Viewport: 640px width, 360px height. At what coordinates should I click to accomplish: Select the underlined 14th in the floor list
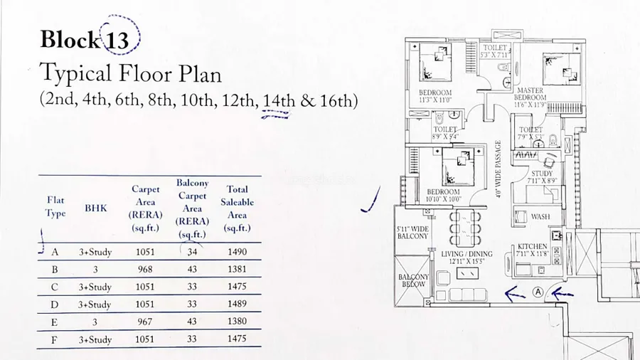(278, 100)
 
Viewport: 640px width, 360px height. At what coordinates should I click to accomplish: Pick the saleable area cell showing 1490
(237, 251)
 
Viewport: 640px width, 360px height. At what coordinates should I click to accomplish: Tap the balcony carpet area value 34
(192, 251)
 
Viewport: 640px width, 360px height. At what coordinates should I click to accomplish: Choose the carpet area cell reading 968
(144, 270)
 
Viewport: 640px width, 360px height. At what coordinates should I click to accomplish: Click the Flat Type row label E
(55, 322)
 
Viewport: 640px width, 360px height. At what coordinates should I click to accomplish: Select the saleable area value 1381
(237, 270)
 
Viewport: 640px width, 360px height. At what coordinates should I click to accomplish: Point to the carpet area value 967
(144, 322)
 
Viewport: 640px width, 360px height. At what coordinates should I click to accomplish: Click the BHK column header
(96, 208)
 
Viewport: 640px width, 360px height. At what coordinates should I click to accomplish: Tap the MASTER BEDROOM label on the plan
(530, 95)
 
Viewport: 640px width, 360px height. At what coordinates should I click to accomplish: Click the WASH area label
(540, 217)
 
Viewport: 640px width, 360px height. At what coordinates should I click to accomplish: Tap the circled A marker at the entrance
(538, 291)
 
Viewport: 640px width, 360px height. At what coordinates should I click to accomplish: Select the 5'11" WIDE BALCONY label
(412, 232)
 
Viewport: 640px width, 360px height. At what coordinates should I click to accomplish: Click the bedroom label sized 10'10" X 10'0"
(439, 196)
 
